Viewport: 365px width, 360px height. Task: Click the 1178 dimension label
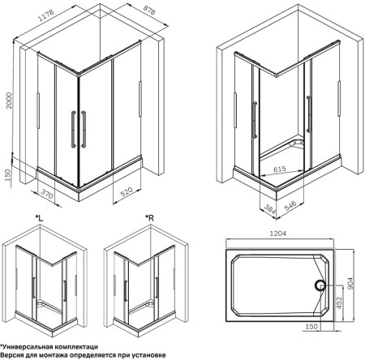pyautogui.click(x=46, y=15)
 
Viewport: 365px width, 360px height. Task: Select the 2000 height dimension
pyautogui.click(x=9, y=101)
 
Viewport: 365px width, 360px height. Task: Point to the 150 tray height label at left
pyautogui.click(x=7, y=175)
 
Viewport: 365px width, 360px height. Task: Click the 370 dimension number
pyautogui.click(x=47, y=194)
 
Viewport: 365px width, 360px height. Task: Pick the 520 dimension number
pyautogui.click(x=127, y=191)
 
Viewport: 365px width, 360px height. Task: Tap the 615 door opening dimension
pyautogui.click(x=279, y=169)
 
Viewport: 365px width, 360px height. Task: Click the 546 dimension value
pyautogui.click(x=290, y=206)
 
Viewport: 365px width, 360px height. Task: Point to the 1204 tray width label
pyautogui.click(x=278, y=233)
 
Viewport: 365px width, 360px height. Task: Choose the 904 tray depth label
pyautogui.click(x=350, y=283)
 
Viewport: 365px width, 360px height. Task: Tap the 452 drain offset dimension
pyautogui.click(x=339, y=302)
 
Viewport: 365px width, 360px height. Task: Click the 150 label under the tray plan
pyautogui.click(x=311, y=326)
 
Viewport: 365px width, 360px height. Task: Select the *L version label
pyautogui.click(x=39, y=218)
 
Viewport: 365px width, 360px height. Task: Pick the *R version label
pyautogui.click(x=149, y=218)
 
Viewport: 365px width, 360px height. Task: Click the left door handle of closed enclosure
pyautogui.click(x=73, y=130)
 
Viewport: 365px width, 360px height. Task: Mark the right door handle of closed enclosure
pyautogui.click(x=84, y=129)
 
